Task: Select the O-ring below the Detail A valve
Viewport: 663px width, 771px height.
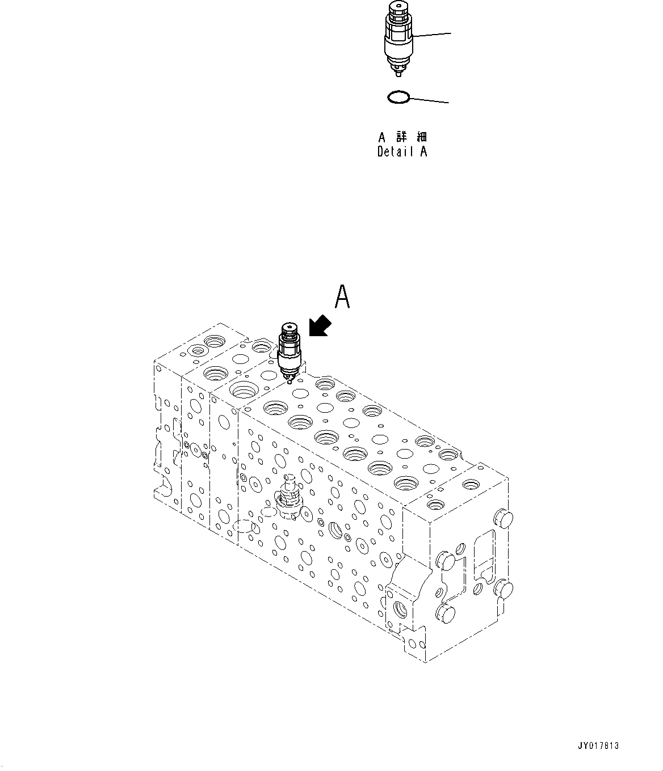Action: (x=398, y=98)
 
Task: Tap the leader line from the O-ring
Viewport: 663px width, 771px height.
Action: (x=429, y=100)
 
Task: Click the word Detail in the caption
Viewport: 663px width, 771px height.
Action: (x=395, y=151)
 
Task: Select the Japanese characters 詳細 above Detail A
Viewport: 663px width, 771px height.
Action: (x=411, y=137)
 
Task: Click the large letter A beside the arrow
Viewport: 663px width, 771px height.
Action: (x=342, y=298)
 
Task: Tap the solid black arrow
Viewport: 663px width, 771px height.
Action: (x=320, y=327)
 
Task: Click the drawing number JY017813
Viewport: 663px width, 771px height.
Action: (x=599, y=746)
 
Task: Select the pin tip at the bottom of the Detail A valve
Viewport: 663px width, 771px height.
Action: (x=399, y=74)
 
